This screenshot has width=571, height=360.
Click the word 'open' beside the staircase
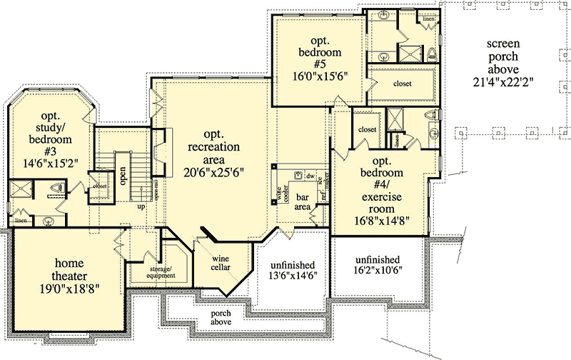123,176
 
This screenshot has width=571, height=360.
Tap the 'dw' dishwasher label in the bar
310,175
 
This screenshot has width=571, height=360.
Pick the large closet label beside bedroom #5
402,84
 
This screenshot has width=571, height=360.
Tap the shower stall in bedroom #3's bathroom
20,189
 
